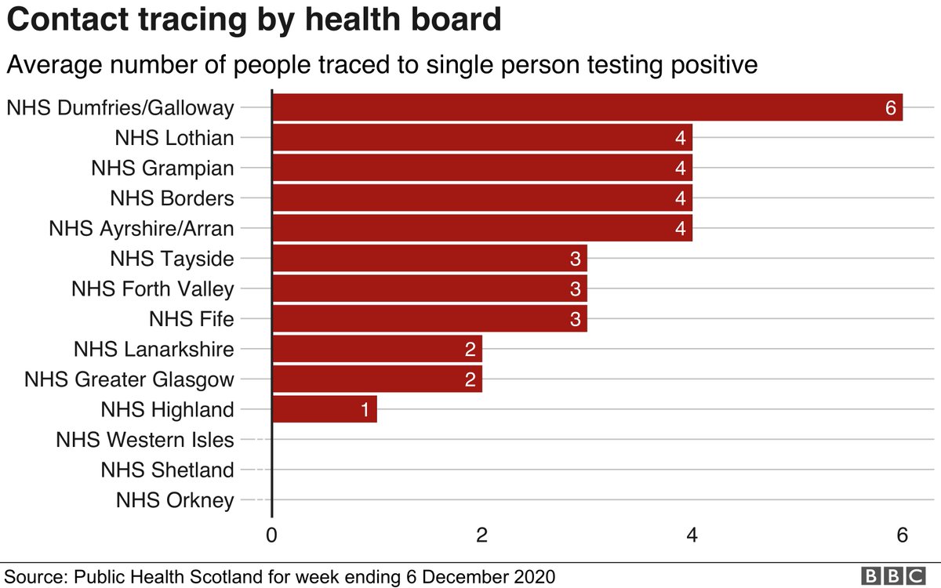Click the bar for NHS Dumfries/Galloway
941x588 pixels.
pyautogui.click(x=587, y=107)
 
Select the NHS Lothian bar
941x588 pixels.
pyautogui.click(x=481, y=138)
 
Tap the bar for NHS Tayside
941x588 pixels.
pyautogui.click(x=429, y=259)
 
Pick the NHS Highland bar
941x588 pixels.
pyautogui.click(x=324, y=409)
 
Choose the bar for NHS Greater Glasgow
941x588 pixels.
pyautogui.click(x=376, y=379)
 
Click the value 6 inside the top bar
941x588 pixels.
pyautogui.click(x=890, y=108)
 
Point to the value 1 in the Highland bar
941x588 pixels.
pyautogui.click(x=365, y=410)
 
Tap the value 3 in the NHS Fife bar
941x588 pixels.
pyautogui.click(x=576, y=320)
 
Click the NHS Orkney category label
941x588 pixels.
pyautogui.click(x=174, y=500)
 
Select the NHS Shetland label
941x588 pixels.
pyautogui.click(x=167, y=470)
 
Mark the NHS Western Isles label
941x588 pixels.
pyautogui.click(x=145, y=440)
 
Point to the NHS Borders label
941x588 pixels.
pyautogui.click(x=172, y=198)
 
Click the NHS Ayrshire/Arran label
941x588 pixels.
pyautogui.click(x=141, y=229)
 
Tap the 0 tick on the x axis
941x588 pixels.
pyautogui.click(x=271, y=535)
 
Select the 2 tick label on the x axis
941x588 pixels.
pyautogui.click(x=481, y=535)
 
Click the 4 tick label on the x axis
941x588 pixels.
pyautogui.click(x=692, y=535)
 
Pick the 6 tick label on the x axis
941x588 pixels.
pyautogui.click(x=902, y=535)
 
